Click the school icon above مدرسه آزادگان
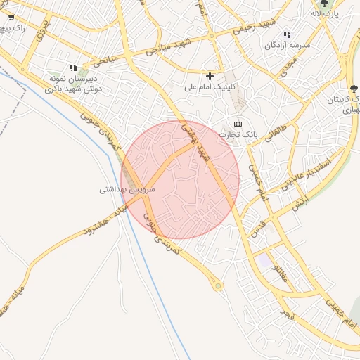click(x=287, y=34)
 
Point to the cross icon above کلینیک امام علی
click(x=210, y=75)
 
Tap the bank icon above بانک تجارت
click(x=238, y=124)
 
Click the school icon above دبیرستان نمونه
click(x=72, y=67)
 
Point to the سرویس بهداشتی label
click(x=127, y=189)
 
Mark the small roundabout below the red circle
click(x=218, y=285)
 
